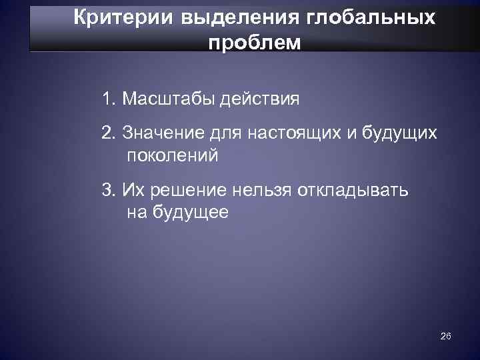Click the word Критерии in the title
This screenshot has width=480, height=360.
pos(113,17)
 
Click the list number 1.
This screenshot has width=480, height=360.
pos(107,100)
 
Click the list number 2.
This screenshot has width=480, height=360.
pos(107,133)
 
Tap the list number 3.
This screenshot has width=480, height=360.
pos(107,191)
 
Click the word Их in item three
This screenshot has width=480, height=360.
pos(131,191)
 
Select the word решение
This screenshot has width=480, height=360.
pos(189,191)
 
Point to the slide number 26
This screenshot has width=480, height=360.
pos(446,337)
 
